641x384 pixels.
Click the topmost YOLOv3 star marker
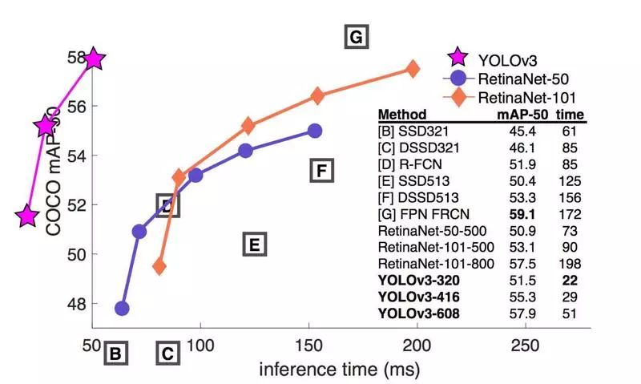[94, 59]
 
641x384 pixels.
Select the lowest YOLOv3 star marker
[27, 216]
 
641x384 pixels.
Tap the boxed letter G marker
[356, 38]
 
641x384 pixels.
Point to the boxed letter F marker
[320, 171]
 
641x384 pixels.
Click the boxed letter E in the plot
[254, 245]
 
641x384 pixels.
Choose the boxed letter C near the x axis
[167, 352]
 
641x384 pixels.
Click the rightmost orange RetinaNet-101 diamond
[413, 69]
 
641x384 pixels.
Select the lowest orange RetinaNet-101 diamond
[159, 266]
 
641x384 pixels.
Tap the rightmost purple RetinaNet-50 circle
[315, 131]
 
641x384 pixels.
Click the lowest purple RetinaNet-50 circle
[122, 308]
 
